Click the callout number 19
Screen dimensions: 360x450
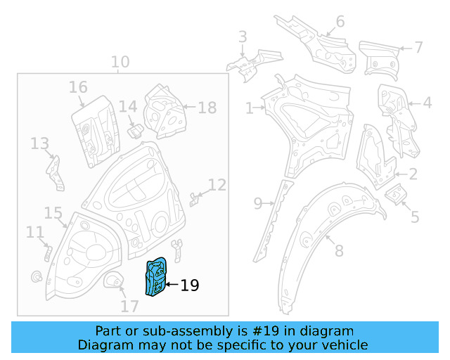[x=190, y=285]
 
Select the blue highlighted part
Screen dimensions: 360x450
[x=155, y=276]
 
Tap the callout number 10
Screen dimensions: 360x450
[x=120, y=62]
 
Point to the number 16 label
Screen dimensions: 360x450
[x=78, y=87]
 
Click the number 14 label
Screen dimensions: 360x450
[x=127, y=107]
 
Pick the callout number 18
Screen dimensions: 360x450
[x=207, y=108]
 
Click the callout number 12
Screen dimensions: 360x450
[x=217, y=185]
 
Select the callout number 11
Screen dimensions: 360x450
[x=34, y=232]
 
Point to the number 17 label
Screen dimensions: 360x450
[x=129, y=307]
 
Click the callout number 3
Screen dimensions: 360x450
[x=243, y=37]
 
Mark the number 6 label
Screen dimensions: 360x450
[x=340, y=22]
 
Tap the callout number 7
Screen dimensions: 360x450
[x=418, y=48]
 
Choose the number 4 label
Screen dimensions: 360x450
[x=427, y=103]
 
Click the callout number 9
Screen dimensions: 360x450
[x=258, y=204]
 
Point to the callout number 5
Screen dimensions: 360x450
[x=415, y=217]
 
